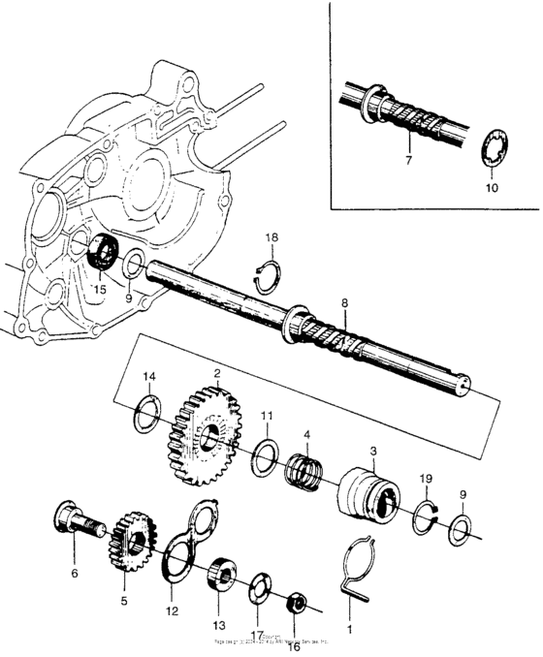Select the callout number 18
272,237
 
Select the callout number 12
173,612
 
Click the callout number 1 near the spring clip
351,627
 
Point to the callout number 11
267,416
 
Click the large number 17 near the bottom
256,636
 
